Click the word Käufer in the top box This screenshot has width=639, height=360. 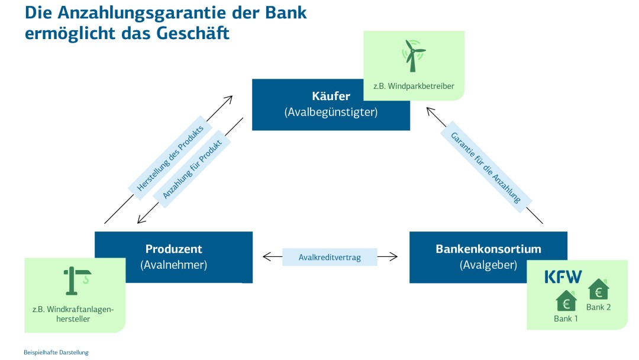click(331, 96)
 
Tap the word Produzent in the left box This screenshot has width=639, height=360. click(173, 249)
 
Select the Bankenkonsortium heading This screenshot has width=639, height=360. click(488, 249)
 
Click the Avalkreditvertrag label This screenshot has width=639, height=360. click(330, 257)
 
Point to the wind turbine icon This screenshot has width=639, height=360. click(414, 56)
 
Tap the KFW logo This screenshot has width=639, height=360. click(563, 277)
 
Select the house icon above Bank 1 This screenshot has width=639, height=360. click(566, 301)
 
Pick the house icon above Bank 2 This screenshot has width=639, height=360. click(598, 290)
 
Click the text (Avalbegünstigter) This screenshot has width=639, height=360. click(331, 112)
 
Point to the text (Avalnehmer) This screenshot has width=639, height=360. click(173, 265)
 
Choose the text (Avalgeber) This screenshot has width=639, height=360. click(488, 265)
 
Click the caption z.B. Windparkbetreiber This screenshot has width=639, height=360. click(414, 86)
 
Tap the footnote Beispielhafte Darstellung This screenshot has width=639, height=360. click(56, 352)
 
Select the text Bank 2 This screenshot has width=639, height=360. click(598, 307)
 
